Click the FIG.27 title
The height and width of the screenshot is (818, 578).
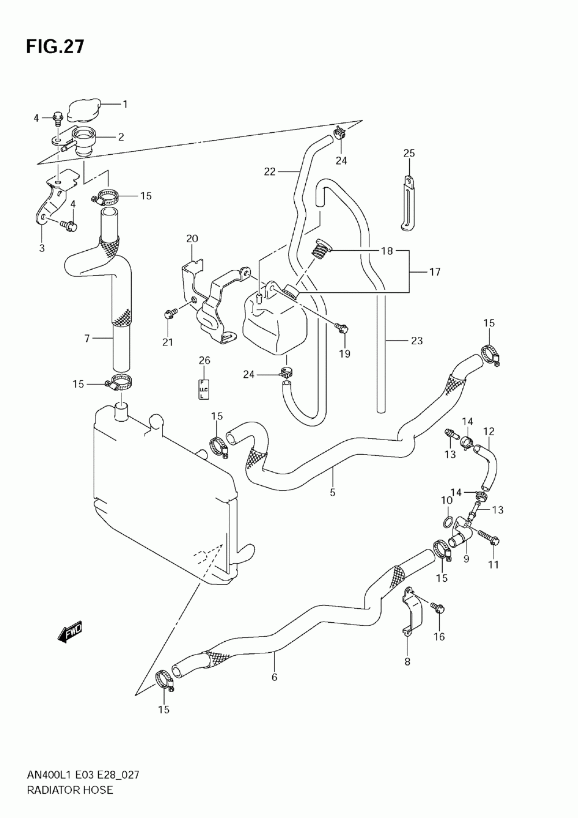(55, 46)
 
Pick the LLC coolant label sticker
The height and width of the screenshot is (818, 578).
(203, 390)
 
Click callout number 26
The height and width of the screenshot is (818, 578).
(204, 360)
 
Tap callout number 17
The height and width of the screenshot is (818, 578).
(434, 272)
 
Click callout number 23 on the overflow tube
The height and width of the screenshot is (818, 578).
(417, 341)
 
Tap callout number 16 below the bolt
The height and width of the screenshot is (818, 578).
(439, 637)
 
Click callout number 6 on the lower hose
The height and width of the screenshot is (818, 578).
(274, 677)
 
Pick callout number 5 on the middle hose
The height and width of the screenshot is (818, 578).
(332, 492)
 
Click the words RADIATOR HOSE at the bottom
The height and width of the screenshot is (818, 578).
(69, 790)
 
